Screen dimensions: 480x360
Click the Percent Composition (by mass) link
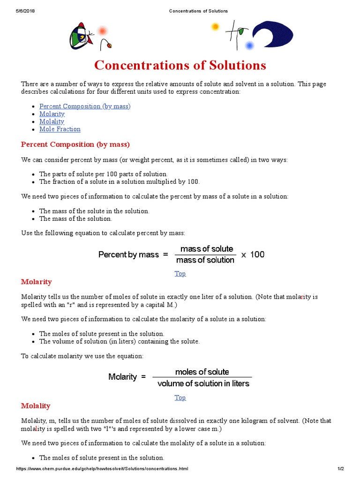pos(85,106)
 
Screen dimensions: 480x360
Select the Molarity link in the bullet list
pos(52,114)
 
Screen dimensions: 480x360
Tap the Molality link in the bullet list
pos(52,121)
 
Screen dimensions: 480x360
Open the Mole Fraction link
pos(60,129)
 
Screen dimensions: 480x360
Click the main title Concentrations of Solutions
pos(180,65)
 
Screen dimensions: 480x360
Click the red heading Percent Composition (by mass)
pos(75,144)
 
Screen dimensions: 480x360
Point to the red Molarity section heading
pos(37,282)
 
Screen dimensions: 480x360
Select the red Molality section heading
pos(36,405)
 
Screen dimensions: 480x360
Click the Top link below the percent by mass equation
pos(180,274)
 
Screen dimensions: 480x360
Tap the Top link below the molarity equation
pos(180,397)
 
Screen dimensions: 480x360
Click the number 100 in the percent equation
pos(257,255)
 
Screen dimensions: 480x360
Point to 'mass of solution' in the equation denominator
pos(205,260)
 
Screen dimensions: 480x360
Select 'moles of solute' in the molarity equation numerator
pos(202,372)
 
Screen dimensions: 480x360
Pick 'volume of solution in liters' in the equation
pos(203,383)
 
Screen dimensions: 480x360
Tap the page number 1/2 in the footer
pos(341,469)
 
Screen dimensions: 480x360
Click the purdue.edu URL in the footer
pos(102,469)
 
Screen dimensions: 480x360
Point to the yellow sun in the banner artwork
pos(215,27)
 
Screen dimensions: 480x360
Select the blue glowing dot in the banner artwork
pos(249,45)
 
